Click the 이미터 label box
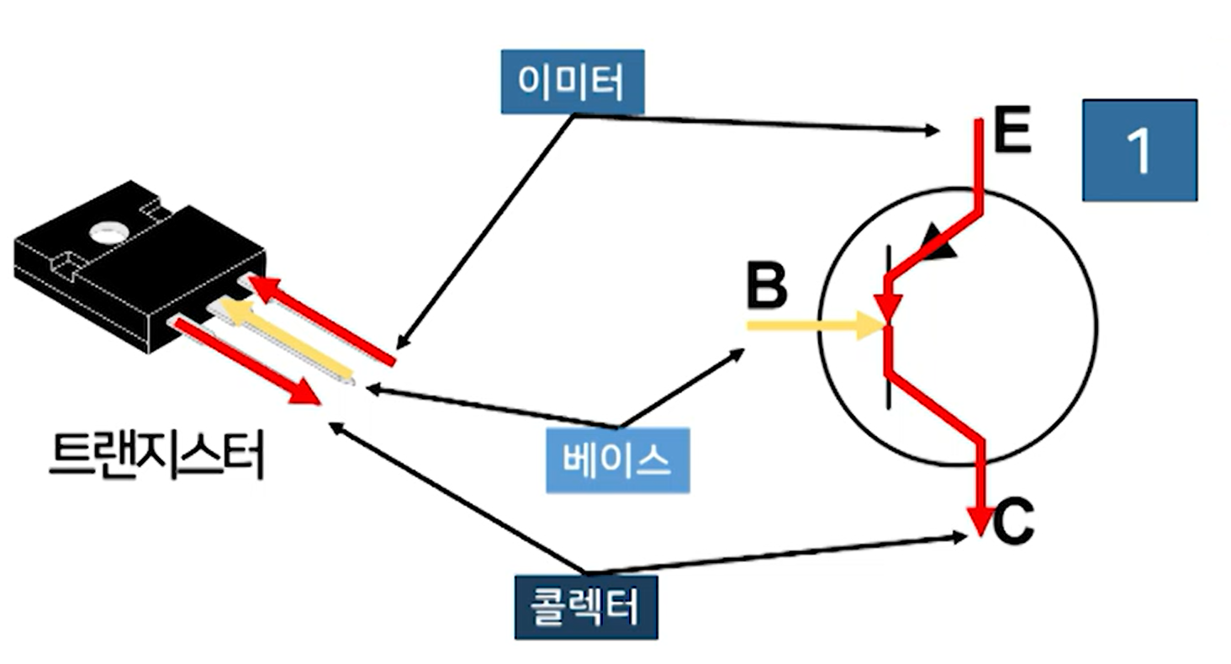pos(572,82)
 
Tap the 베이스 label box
pos(617,459)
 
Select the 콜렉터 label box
pos(586,606)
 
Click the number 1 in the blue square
pos(1139,151)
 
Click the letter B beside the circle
pos(766,288)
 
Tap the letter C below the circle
pos(1013,522)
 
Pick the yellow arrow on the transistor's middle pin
pos(286,339)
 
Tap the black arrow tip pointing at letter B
pos(739,352)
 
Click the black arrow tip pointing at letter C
pos(962,535)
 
